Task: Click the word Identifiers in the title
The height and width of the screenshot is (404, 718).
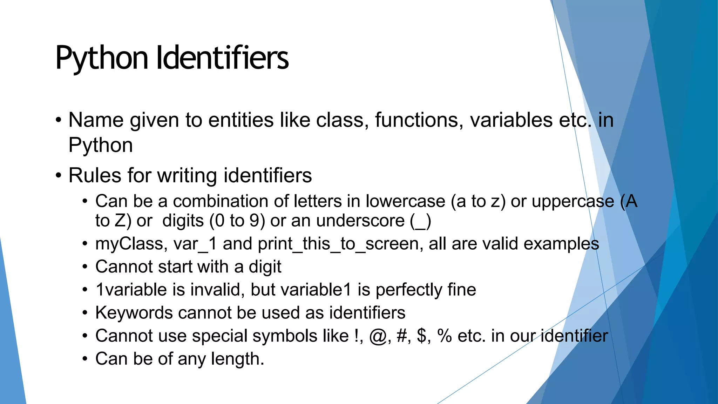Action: click(222, 58)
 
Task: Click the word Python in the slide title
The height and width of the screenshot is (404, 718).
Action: click(102, 58)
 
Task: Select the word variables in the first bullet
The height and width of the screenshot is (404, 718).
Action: click(511, 120)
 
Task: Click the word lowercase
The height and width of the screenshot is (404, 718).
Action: click(405, 202)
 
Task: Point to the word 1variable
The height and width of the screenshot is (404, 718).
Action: click(131, 290)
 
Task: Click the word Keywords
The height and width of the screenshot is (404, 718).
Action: click(134, 313)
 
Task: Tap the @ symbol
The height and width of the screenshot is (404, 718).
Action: click(378, 336)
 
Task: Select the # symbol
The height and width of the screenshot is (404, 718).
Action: click(402, 336)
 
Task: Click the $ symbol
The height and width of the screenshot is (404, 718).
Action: click(422, 336)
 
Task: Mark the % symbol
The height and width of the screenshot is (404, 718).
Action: click(445, 336)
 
